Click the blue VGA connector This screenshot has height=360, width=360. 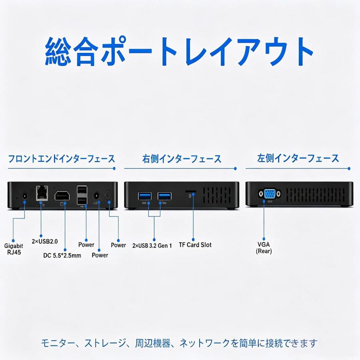point(270,194)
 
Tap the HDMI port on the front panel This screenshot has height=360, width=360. point(62,196)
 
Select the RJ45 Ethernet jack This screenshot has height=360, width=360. point(42,193)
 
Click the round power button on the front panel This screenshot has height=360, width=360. point(108,195)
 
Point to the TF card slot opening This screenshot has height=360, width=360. point(190,191)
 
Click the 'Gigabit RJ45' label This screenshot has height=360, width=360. point(14,249)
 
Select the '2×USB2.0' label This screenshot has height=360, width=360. point(45,241)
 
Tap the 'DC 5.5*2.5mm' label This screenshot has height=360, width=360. point(62,255)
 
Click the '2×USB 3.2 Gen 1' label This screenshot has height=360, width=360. point(152,246)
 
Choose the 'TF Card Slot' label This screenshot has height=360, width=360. point(195,245)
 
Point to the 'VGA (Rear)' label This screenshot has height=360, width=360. point(264,248)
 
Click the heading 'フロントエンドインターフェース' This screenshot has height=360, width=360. point(61,159)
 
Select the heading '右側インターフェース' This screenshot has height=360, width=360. point(182,159)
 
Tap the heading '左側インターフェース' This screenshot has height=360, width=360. point(298,158)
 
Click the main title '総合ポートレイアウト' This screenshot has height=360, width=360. point(179,52)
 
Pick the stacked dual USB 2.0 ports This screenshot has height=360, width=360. point(82,195)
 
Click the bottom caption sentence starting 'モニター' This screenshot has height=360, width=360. point(179,343)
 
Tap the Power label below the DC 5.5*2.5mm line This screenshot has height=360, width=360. point(100,255)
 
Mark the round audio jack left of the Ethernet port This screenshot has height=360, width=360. point(24,196)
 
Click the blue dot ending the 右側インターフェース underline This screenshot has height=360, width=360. point(235,168)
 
